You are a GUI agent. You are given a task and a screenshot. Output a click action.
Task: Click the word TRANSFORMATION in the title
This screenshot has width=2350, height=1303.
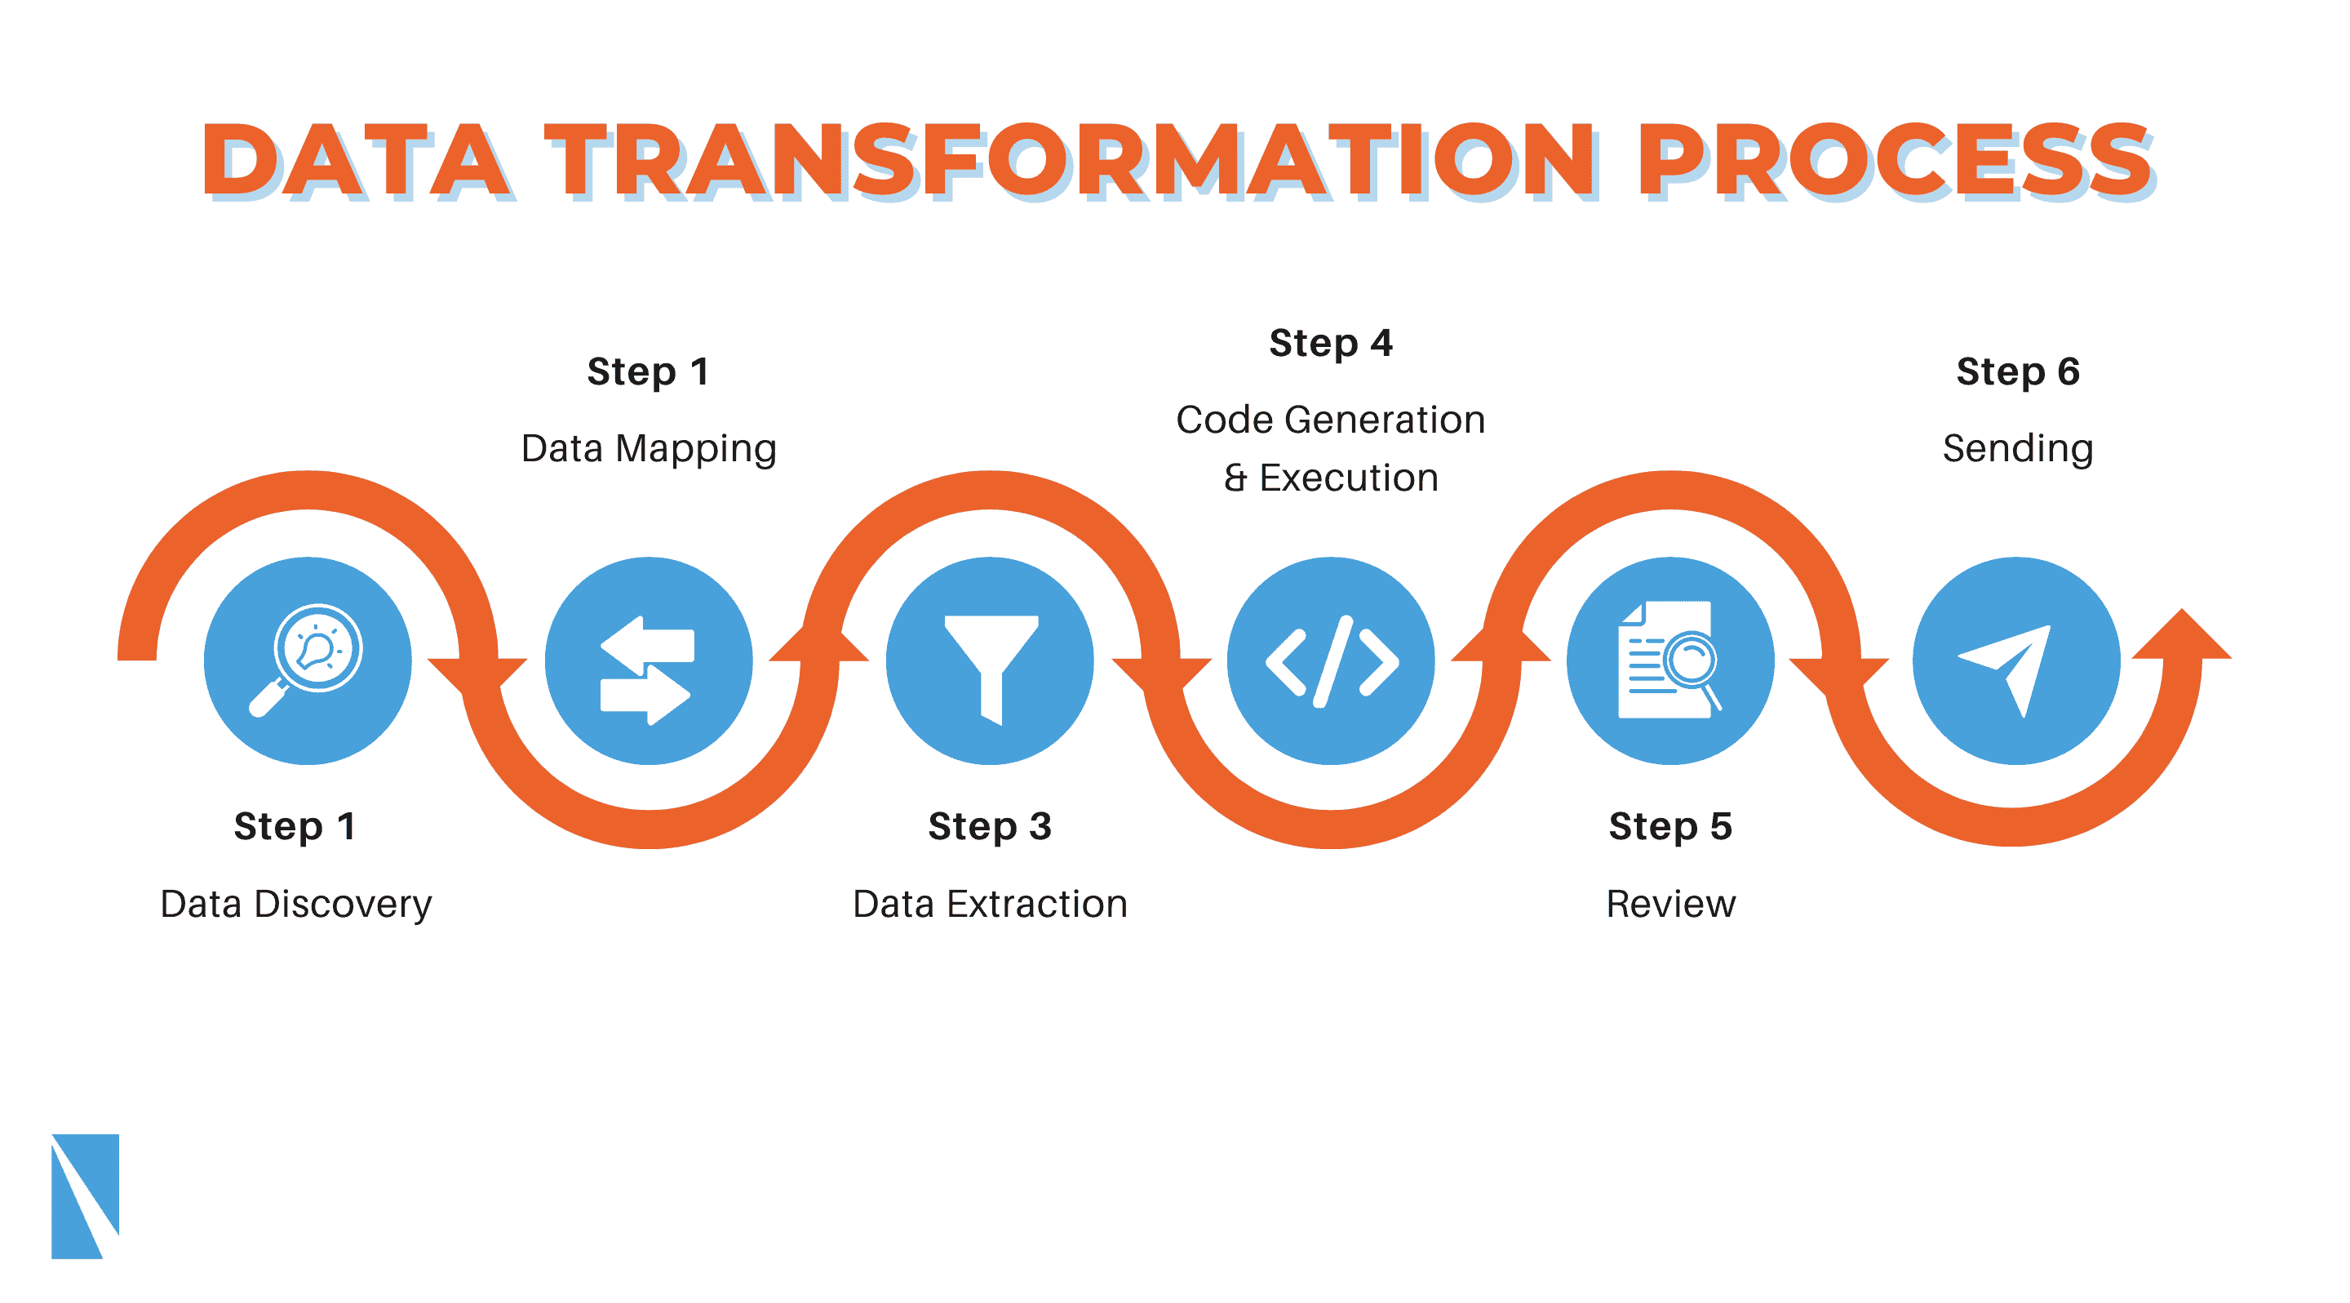pyautogui.click(x=1072, y=162)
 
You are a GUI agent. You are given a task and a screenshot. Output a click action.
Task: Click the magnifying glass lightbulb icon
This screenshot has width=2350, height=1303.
pyautogui.click(x=307, y=660)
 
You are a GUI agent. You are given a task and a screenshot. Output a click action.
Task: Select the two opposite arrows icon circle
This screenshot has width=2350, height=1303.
pyautogui.click(x=649, y=660)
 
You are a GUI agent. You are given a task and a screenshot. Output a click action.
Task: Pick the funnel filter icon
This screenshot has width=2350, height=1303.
pyautogui.click(x=991, y=669)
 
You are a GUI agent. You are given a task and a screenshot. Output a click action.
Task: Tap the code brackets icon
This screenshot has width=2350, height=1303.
pyautogui.click(x=1332, y=661)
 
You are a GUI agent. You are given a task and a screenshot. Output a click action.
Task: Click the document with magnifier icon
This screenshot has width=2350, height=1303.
pyautogui.click(x=1669, y=660)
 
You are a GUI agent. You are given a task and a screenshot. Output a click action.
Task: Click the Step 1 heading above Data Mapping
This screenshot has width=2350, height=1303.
pyautogui.click(x=649, y=372)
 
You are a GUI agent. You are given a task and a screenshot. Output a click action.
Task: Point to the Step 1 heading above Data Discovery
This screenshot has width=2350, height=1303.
pyautogui.click(x=295, y=827)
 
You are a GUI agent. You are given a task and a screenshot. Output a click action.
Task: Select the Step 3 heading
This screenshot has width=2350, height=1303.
pyautogui.click(x=990, y=827)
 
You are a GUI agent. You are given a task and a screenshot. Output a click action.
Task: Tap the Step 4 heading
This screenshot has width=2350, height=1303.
pyautogui.click(x=1331, y=344)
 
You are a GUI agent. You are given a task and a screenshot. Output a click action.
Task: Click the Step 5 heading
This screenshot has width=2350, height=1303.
pyautogui.click(x=1670, y=827)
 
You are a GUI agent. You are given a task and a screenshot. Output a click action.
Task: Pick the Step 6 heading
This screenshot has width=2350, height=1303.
pyautogui.click(x=2018, y=372)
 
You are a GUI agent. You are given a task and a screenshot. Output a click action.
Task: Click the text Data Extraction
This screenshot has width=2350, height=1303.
pyautogui.click(x=990, y=905)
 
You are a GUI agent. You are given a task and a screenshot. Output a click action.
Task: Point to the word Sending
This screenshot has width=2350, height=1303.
pyautogui.click(x=2018, y=450)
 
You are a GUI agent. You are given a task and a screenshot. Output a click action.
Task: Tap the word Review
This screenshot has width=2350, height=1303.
pyautogui.click(x=1670, y=905)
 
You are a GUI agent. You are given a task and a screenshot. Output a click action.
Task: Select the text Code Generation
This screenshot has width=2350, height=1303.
pyautogui.click(x=1331, y=420)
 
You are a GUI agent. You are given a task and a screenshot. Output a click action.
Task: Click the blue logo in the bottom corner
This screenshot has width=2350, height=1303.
pyautogui.click(x=85, y=1196)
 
